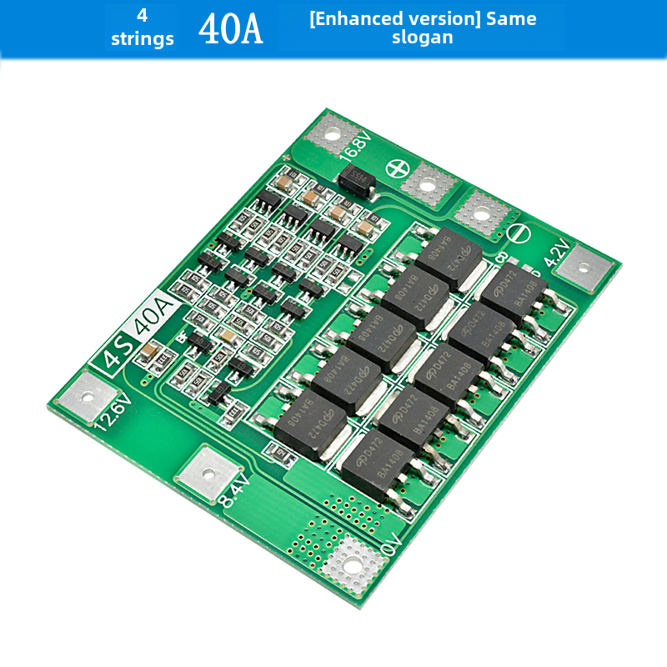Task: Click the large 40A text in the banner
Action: [x=230, y=28]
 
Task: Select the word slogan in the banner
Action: [x=423, y=38]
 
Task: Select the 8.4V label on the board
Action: [x=234, y=491]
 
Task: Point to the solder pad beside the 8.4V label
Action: [x=204, y=474]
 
